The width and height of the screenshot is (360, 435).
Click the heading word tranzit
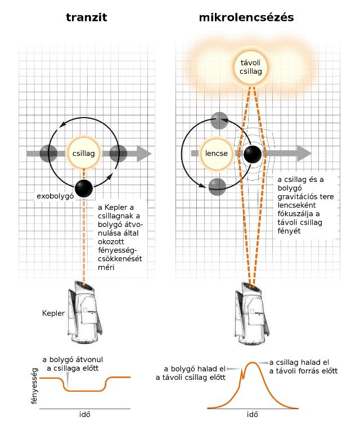pyautogui.click(x=86, y=18)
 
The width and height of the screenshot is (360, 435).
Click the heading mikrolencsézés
pyautogui.click(x=246, y=18)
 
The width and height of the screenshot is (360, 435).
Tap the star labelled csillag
pyautogui.click(x=83, y=153)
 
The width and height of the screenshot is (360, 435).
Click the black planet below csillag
pyautogui.click(x=84, y=189)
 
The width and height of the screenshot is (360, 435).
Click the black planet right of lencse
pyautogui.click(x=251, y=153)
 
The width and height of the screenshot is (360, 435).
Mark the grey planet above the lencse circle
pyautogui.click(x=218, y=120)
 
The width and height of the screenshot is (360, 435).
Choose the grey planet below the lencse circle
pyautogui.click(x=217, y=186)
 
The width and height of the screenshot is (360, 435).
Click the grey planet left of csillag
pyautogui.click(x=49, y=153)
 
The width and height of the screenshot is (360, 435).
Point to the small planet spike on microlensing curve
pyautogui.click(x=242, y=372)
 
